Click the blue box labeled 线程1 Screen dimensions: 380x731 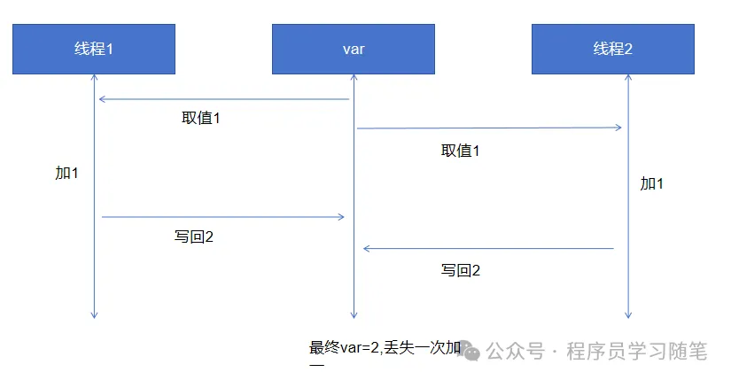[93, 49]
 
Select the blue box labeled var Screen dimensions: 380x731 [353, 49]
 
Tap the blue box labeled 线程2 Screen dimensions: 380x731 [612, 49]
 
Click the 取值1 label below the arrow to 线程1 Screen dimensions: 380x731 [201, 118]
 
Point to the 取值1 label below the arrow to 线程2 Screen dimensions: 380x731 [460, 151]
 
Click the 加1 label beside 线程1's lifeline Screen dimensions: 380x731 [66, 173]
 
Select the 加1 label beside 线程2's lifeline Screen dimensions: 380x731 [652, 183]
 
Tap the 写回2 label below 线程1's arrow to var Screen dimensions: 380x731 [194, 237]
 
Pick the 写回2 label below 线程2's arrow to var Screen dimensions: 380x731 [461, 270]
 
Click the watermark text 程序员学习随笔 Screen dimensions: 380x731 [637, 352]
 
